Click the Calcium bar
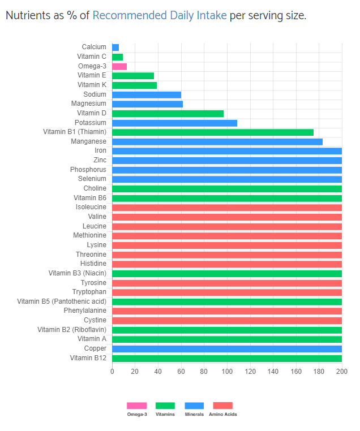[115, 48]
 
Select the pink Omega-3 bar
[119, 66]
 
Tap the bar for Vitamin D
[168, 113]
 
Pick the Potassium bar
[174, 123]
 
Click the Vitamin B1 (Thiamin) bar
[213, 132]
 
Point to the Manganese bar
[217, 141]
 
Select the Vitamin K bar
[134, 85]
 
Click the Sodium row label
[95, 94]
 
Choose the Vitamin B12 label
[88, 358]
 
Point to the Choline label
[95, 188]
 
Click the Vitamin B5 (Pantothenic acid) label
[62, 301]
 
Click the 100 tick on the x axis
[227, 372]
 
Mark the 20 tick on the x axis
[135, 372]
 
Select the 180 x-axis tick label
[319, 372]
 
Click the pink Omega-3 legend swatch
[136, 406]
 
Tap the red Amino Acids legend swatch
[222, 406]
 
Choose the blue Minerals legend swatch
[194, 406]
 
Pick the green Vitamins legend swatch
[165, 406]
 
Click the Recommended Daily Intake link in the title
[160, 15]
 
